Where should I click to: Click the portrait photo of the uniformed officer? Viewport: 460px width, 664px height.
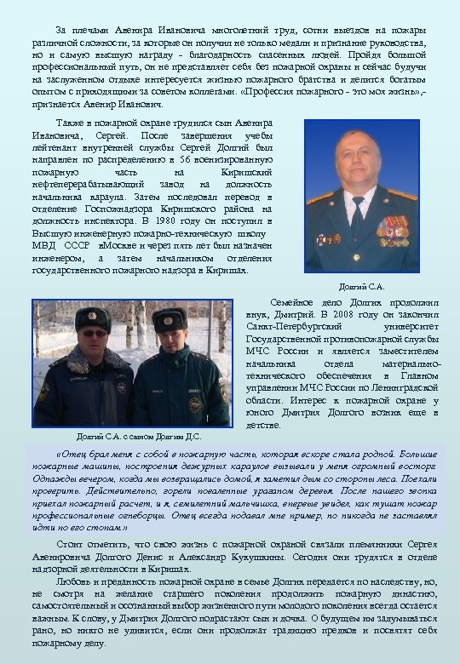coord(362,195)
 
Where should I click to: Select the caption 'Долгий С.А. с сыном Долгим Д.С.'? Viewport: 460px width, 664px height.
coord(139,437)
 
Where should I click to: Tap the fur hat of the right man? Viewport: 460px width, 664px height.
coord(170,320)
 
